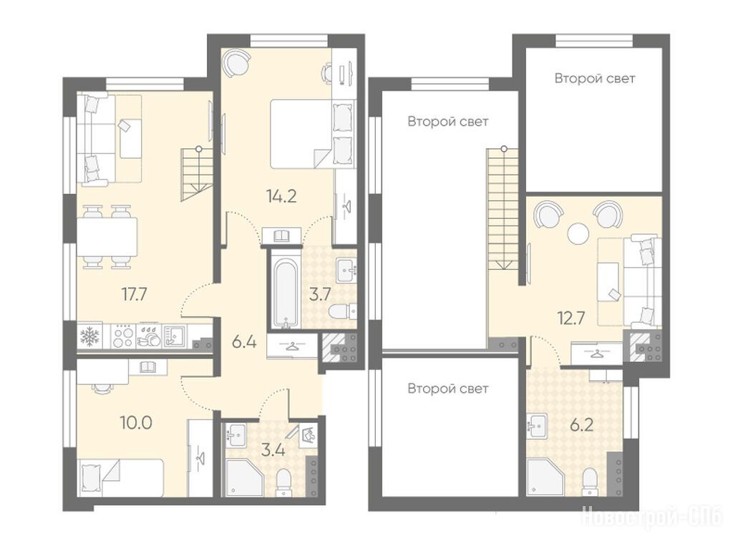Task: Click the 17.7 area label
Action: click(x=135, y=295)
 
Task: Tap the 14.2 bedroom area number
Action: click(x=281, y=195)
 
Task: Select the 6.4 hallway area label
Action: click(x=244, y=342)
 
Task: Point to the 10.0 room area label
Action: click(x=136, y=423)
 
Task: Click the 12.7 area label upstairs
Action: click(x=571, y=318)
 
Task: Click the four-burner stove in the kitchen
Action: click(x=123, y=336)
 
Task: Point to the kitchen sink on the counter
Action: click(x=175, y=336)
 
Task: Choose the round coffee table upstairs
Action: click(x=578, y=233)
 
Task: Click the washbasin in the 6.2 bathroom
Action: click(x=537, y=426)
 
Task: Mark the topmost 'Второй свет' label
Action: click(x=595, y=78)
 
